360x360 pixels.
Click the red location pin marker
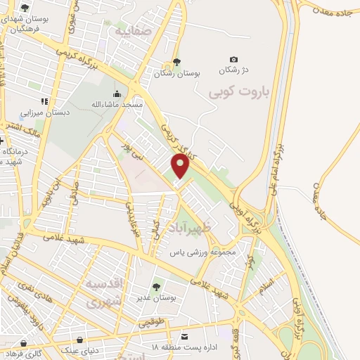(x=180, y=167)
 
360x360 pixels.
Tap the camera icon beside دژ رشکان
(x=234, y=60)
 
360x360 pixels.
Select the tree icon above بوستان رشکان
(x=176, y=62)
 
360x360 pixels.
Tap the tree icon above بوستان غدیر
(x=156, y=287)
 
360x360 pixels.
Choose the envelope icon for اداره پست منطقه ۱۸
(x=185, y=336)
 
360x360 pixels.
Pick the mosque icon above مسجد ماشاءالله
(x=117, y=94)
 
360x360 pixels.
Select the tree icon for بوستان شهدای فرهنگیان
(x=25, y=8)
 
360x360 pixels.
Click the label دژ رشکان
(x=234, y=70)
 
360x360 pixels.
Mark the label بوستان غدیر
(x=156, y=297)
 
